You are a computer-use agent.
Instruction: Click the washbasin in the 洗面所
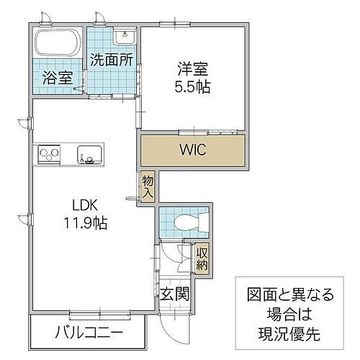tap(125, 37)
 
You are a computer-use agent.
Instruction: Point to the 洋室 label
tap(191, 70)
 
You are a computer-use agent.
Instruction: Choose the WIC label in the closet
tap(191, 152)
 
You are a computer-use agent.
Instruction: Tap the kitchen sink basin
tap(91, 154)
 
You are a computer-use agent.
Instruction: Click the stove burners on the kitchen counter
tap(49, 154)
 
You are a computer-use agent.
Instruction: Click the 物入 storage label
tap(148, 186)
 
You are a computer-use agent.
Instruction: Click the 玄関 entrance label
tap(175, 293)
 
